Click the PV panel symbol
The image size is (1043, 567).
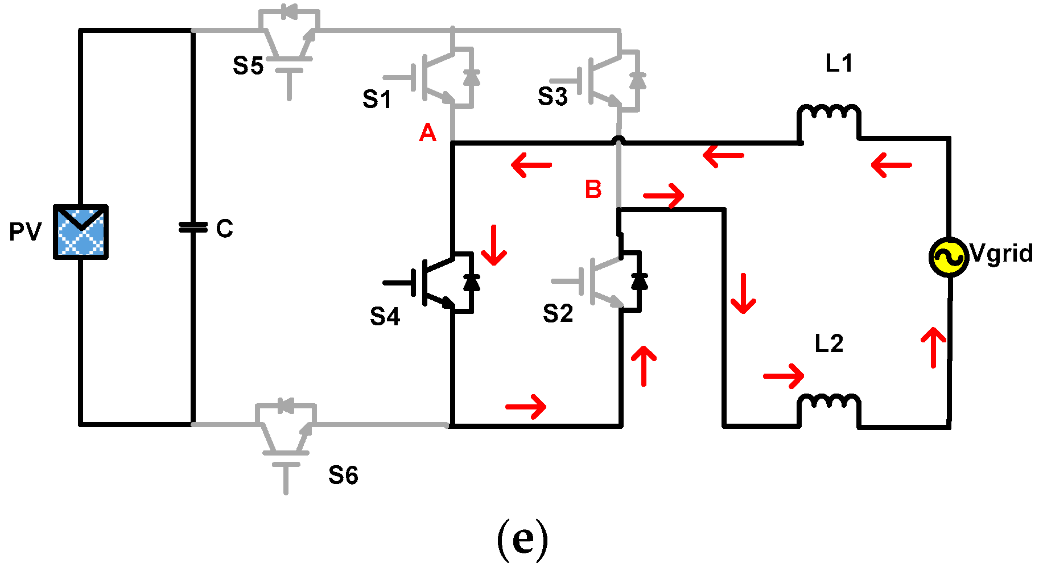click(81, 232)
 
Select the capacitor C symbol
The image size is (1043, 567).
click(193, 227)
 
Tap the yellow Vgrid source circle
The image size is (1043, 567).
click(948, 257)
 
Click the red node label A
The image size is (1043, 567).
click(427, 133)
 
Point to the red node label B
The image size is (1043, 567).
click(593, 189)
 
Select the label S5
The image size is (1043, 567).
click(248, 66)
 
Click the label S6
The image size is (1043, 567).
click(343, 475)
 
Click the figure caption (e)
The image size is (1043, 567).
click(522, 539)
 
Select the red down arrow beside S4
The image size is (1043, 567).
click(493, 245)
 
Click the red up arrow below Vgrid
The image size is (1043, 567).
click(933, 347)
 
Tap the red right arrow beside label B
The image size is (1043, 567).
click(664, 196)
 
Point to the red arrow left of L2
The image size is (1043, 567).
click(784, 376)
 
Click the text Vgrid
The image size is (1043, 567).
click(1001, 253)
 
